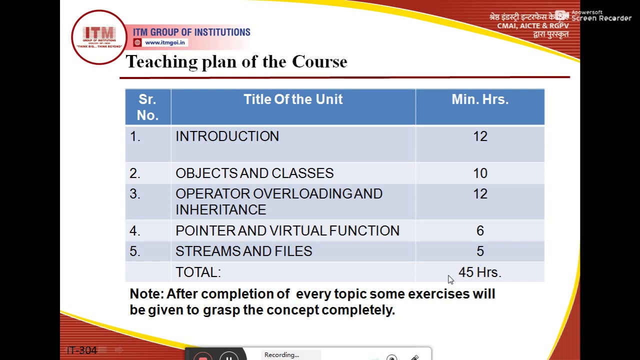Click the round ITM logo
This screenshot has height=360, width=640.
pos(99,37)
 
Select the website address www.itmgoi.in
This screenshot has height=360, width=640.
pos(165,42)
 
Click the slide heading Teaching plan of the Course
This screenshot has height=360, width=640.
pos(236,62)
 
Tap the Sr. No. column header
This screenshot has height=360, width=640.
pos(147,107)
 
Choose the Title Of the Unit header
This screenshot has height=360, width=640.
pos(293,99)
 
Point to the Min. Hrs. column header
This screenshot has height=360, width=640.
pos(479,99)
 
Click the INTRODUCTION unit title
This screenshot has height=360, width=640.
pos(227,136)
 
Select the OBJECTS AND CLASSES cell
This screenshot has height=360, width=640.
pos(254,173)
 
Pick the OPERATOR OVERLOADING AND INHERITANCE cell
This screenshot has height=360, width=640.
pos(278,201)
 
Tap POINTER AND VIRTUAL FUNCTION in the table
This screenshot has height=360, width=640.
pos(287,231)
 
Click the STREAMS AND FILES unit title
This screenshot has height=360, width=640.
pos(243,251)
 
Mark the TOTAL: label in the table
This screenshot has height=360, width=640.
pos(198,272)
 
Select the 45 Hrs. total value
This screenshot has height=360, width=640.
pos(479,272)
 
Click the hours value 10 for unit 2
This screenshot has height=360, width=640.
pos(480,173)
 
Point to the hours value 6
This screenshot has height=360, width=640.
pos(480,231)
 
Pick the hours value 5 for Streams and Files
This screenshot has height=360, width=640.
pos(480,251)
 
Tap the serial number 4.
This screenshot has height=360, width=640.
pos(134,231)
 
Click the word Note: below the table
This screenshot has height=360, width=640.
pos(146,294)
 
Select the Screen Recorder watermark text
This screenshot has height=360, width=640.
pos(601,18)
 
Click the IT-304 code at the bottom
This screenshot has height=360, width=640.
pos(81,350)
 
